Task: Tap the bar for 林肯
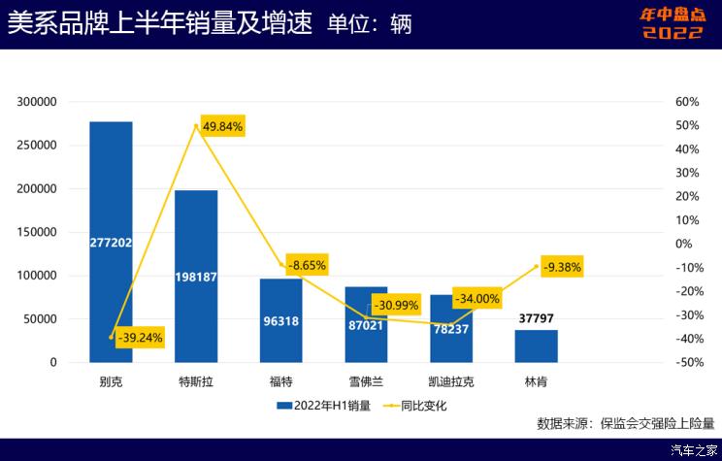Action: click(x=536, y=346)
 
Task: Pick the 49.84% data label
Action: click(x=222, y=126)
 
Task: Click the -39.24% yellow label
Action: click(x=141, y=338)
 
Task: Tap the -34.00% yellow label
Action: click(x=476, y=298)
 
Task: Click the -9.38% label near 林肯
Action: click(x=562, y=267)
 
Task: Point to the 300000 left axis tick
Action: click(x=38, y=102)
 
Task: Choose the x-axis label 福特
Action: click(x=281, y=382)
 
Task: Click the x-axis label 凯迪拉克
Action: click(x=451, y=382)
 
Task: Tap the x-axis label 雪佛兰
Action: click(x=366, y=382)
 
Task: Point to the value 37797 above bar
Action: click(x=536, y=316)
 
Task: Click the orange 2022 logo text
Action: click(x=673, y=32)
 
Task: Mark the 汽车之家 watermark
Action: click(x=693, y=450)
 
